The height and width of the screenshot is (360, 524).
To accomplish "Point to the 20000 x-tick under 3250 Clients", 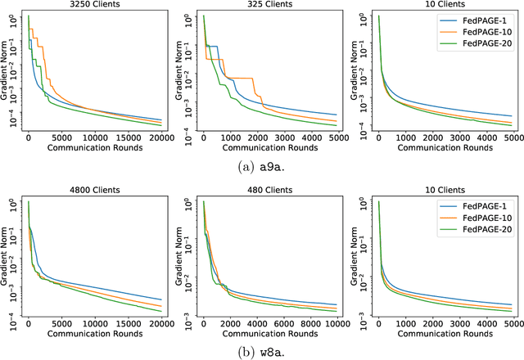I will pos(160,137).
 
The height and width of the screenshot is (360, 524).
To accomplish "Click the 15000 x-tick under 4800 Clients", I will pos(129,322).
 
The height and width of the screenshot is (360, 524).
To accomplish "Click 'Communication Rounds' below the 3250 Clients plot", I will pos(94,148).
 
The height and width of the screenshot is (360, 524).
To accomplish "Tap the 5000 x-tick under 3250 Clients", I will pos(61,137).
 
